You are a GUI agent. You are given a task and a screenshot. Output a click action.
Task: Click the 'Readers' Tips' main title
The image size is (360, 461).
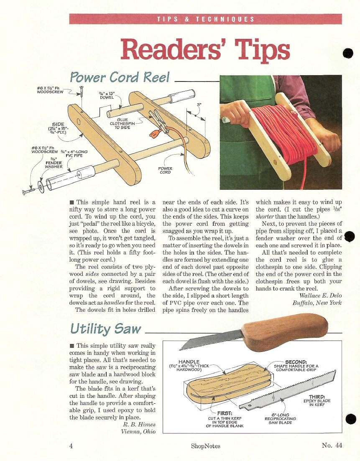(205, 49)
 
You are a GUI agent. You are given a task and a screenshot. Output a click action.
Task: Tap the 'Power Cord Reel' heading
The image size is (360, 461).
(120, 77)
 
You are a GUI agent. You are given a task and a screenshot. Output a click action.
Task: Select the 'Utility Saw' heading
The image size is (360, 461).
(106, 329)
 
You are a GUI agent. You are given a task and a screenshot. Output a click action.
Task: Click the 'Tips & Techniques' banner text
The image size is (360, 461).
(206, 19)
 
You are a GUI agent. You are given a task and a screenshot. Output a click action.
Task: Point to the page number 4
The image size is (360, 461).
(71, 446)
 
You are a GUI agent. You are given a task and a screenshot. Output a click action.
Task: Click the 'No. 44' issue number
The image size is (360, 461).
(332, 445)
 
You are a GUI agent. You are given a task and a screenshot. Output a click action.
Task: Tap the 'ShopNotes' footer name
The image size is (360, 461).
(206, 446)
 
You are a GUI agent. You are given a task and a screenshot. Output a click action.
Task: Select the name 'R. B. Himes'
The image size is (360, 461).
(139, 424)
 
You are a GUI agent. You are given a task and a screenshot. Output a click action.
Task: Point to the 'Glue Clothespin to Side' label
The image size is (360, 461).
(123, 123)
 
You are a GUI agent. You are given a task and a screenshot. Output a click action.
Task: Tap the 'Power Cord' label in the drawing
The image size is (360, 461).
(165, 170)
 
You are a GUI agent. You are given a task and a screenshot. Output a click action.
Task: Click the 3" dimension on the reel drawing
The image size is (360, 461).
(199, 104)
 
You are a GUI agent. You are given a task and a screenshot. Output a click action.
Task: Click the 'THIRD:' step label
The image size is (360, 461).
(317, 397)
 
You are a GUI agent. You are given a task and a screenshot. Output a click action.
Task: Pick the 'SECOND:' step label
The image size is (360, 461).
(296, 362)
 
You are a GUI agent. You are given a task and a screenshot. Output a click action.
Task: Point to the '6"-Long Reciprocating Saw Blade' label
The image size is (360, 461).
(280, 419)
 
